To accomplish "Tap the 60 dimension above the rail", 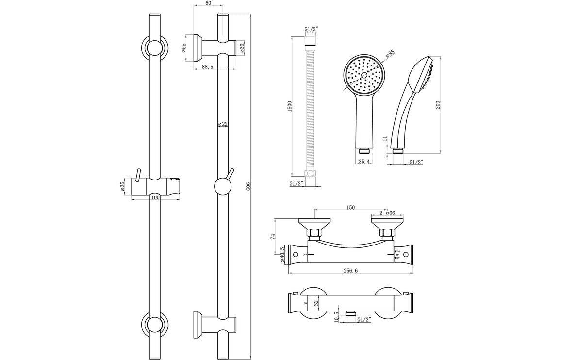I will click(208, 3).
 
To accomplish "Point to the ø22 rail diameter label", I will click(223, 124).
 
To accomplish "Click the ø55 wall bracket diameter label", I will click(184, 48).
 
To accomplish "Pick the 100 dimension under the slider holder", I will click(155, 197).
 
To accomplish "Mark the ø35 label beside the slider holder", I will click(123, 186).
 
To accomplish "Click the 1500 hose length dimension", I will click(289, 107).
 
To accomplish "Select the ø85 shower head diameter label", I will click(390, 55).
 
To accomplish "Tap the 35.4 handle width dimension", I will click(363, 162).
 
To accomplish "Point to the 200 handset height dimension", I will click(438, 104).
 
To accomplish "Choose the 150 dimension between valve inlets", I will click(350, 207).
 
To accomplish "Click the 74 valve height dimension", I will click(273, 237).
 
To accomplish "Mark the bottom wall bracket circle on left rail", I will click(154, 323).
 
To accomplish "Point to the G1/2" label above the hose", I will click(311, 30).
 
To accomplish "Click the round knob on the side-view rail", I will click(222, 186).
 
